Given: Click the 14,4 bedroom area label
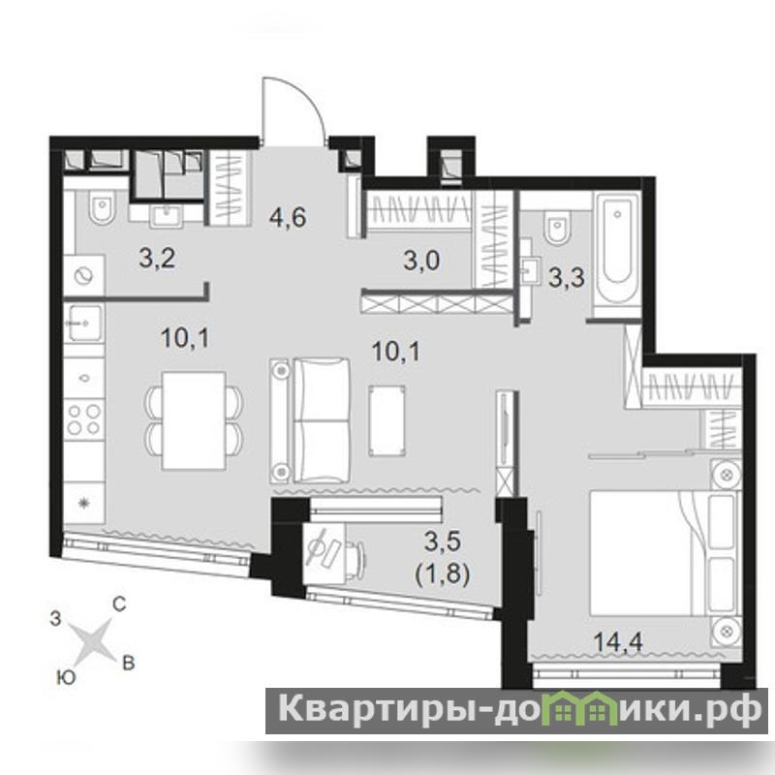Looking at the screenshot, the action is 618,642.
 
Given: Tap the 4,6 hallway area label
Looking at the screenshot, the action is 288,217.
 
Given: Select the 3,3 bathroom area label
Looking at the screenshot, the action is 567,278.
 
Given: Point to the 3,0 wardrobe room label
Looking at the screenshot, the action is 421,261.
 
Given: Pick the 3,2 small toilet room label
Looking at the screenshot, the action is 157,259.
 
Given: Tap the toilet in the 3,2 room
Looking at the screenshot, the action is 102,207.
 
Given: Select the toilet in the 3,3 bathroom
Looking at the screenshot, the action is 557,228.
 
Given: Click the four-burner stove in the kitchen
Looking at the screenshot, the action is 84,419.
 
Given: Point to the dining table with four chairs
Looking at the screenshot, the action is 194,420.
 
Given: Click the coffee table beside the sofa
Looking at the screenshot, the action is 387,420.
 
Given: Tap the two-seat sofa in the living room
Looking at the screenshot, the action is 310,420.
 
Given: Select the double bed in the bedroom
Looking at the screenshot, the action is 666,552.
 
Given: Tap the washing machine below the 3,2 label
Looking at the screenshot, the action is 84,275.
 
